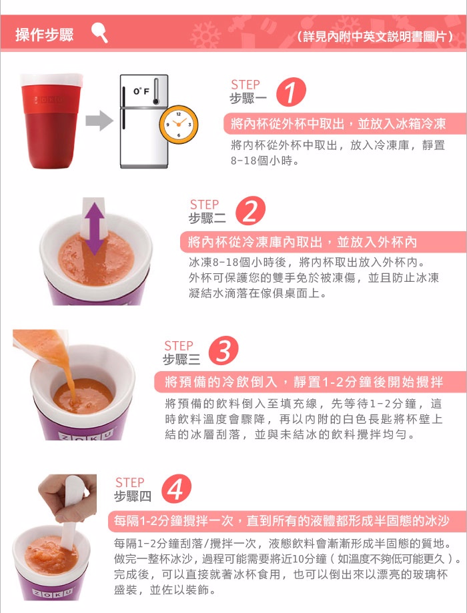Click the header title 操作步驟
pyautogui.click(x=44, y=35)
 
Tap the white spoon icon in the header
pyautogui.click(x=99, y=33)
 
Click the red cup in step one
pyautogui.click(x=51, y=121)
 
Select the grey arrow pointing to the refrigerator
pyautogui.click(x=99, y=121)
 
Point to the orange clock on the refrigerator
pyautogui.click(x=179, y=125)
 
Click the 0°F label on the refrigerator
pyautogui.click(x=141, y=91)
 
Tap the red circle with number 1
pyautogui.click(x=291, y=92)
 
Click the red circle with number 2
pyautogui.click(x=250, y=211)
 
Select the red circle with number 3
pyautogui.click(x=223, y=350)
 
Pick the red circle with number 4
pyautogui.click(x=176, y=489)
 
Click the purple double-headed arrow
pyautogui.click(x=94, y=229)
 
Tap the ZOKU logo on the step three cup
pyautogui.click(x=87, y=434)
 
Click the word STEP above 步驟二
pyautogui.click(x=204, y=205)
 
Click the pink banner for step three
pyautogui.click(x=310, y=382)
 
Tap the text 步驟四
pyautogui.click(x=133, y=496)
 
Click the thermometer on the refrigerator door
pyautogui.click(x=156, y=91)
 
